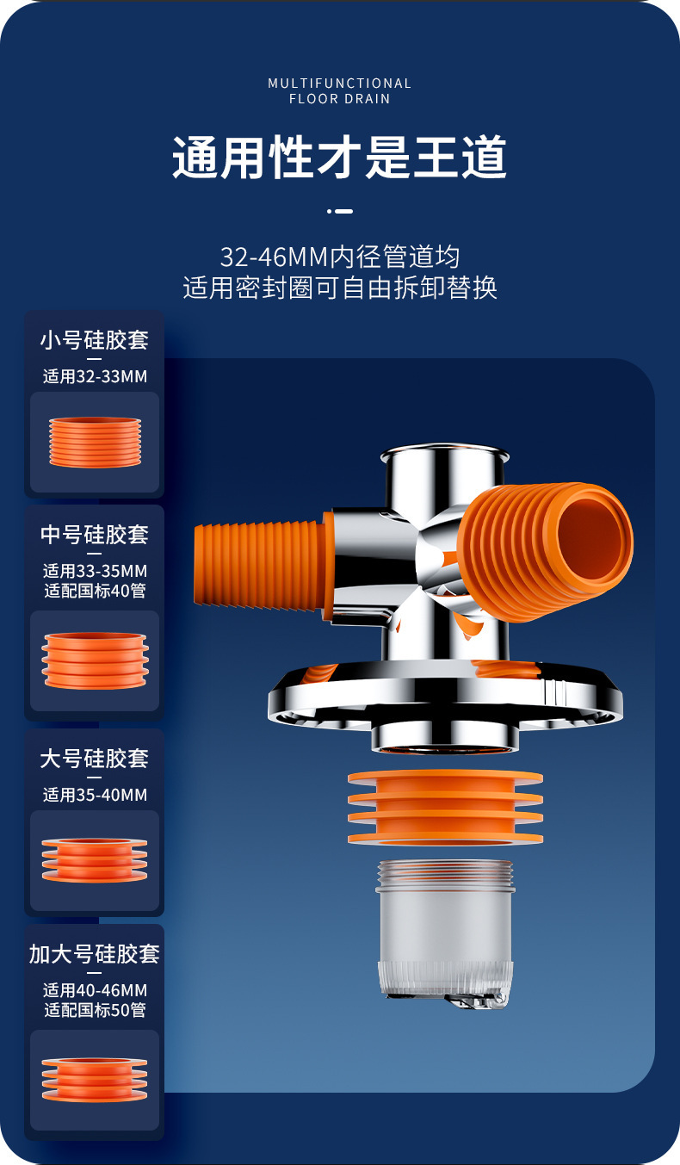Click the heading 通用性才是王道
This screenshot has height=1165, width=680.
tap(340, 158)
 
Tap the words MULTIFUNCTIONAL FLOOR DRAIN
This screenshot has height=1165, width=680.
tap(340, 90)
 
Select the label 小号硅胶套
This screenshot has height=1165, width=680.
tap(95, 340)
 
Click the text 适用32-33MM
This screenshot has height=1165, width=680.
tap(95, 376)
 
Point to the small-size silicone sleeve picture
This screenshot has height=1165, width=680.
tap(95, 442)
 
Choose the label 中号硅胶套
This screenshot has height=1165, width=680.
tap(95, 535)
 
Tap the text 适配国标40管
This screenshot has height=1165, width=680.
tap(95, 591)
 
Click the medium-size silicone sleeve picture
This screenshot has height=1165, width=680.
tap(95, 660)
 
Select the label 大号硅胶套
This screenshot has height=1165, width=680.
tap(95, 759)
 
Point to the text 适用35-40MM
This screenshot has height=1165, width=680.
tap(95, 795)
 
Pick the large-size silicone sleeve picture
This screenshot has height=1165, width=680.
tap(95, 859)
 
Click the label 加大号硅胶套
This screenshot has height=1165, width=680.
tap(95, 954)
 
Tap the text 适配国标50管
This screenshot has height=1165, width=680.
tap(95, 1010)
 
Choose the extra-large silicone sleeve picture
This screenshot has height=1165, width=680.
tap(95, 1080)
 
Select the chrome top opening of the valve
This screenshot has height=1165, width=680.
tap(444, 454)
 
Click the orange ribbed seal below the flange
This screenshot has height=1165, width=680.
tap(445, 806)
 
